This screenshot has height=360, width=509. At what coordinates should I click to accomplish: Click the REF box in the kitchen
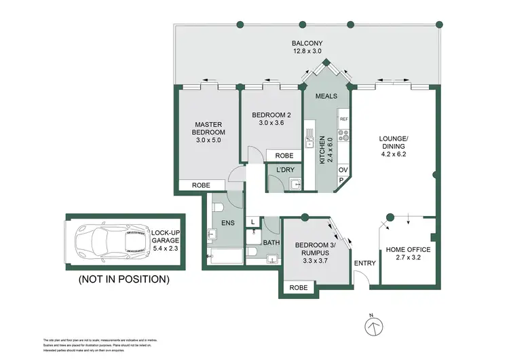click(343, 119)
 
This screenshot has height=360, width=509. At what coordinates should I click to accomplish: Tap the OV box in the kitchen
click(343, 170)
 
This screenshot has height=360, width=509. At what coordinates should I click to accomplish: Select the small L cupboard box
click(253, 222)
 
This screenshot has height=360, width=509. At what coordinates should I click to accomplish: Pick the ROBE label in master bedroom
click(201, 185)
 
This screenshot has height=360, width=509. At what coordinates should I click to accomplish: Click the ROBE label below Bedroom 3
click(298, 287)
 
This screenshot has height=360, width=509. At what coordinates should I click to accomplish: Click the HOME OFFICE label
click(408, 249)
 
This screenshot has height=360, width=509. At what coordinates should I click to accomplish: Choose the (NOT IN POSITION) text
click(124, 278)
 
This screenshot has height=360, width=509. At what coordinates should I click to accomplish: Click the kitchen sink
click(309, 139)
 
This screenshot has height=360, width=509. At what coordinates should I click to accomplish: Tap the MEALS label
click(326, 96)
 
